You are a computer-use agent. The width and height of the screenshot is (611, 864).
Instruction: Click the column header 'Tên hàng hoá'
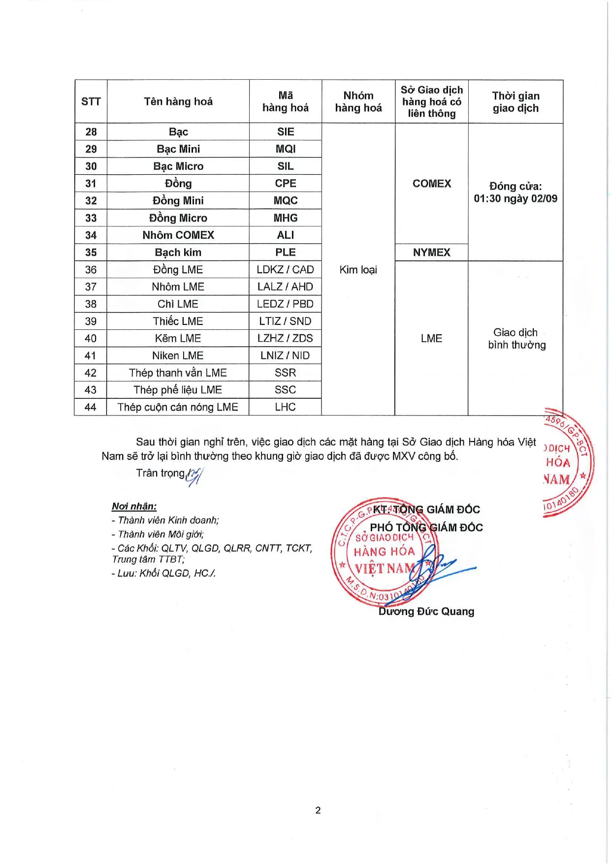(178, 101)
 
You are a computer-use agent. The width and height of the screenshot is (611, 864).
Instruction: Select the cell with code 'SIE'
(286, 131)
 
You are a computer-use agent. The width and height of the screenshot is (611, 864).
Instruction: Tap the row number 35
(91, 252)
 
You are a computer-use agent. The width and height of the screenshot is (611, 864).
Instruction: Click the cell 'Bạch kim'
(178, 252)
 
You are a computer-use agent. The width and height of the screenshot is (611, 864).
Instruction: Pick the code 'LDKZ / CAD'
(286, 269)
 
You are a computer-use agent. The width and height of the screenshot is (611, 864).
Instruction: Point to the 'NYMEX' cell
(431, 252)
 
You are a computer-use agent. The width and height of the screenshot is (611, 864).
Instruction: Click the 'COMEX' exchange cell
(431, 183)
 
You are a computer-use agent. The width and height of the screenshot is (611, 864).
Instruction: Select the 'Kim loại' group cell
(358, 269)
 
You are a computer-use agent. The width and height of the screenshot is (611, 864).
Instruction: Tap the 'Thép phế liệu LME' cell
(178, 389)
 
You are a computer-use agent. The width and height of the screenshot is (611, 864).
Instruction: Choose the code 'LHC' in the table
(286, 407)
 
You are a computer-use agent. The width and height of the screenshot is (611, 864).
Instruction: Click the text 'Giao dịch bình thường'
(516, 338)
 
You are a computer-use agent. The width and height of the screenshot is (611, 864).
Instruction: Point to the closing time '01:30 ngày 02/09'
(515, 199)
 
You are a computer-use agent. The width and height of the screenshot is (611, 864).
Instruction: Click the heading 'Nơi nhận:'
(134, 506)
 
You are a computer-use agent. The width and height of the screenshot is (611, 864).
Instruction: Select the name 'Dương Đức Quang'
(426, 611)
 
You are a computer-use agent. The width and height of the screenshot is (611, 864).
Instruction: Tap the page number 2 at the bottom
(318, 810)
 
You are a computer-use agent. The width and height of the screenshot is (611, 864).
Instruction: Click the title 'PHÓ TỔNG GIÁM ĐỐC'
(426, 527)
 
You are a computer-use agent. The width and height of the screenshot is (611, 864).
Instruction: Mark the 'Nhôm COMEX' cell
(178, 235)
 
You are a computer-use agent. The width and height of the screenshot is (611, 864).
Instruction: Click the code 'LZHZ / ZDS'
(286, 338)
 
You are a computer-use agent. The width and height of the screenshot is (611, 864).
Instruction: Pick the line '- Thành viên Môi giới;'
(158, 534)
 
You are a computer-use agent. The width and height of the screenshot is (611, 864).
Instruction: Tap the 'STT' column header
(91, 101)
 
